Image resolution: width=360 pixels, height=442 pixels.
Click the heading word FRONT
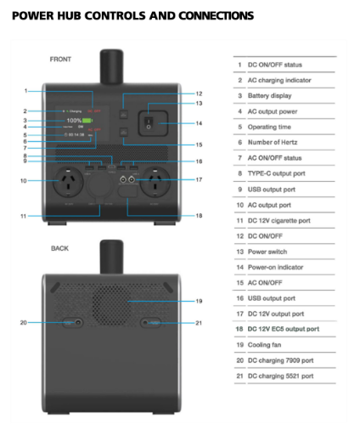point(59,59)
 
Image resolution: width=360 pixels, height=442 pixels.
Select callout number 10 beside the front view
point(23,180)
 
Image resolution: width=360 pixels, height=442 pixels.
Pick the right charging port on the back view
point(149,322)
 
